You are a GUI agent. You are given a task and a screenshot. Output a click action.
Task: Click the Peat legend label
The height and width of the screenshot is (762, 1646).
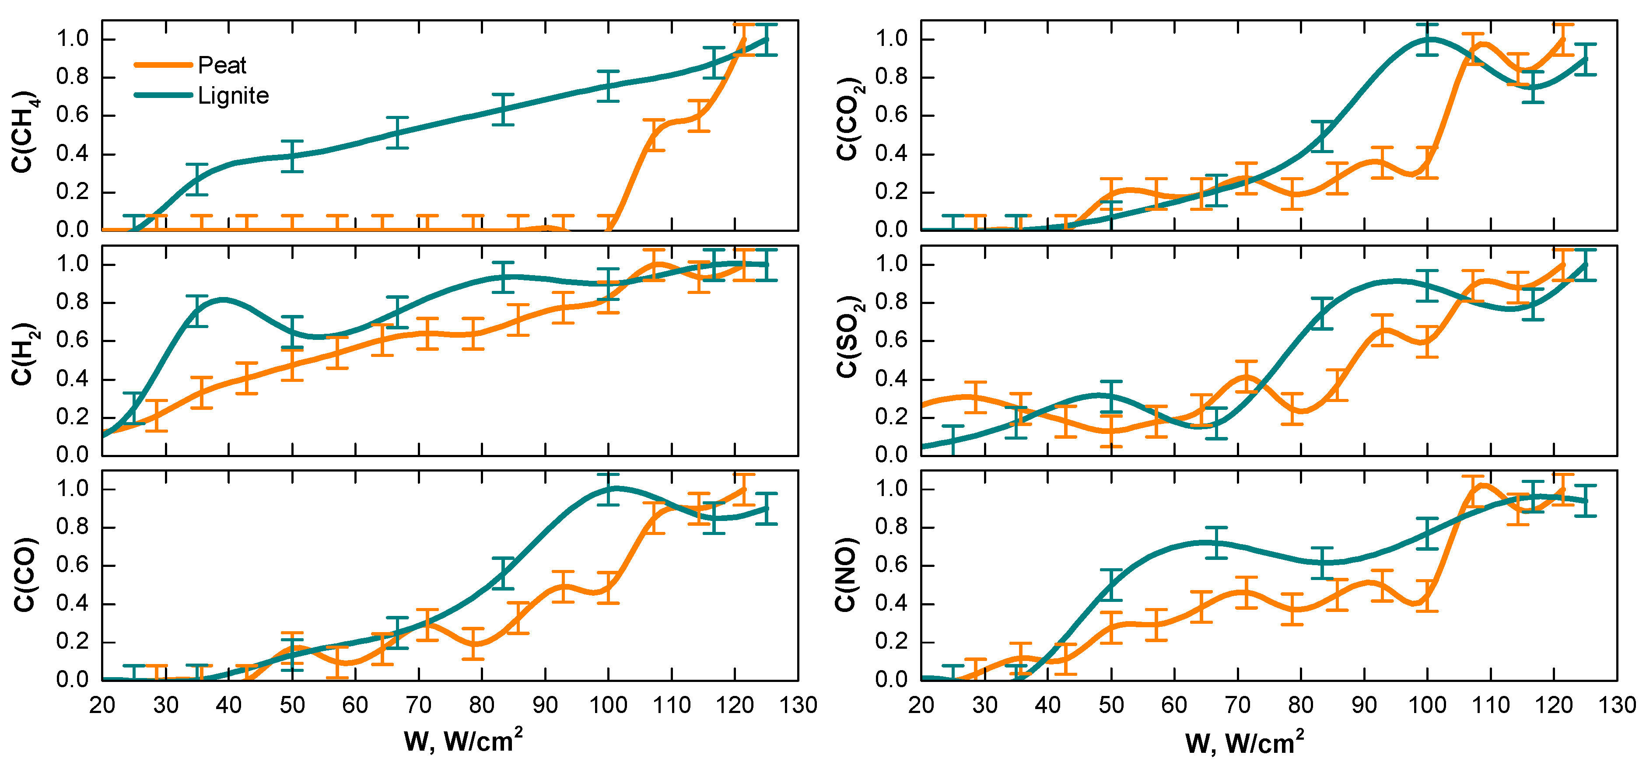tap(222, 65)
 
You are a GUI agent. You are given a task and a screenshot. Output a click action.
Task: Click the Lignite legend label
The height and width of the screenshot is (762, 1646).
tap(233, 96)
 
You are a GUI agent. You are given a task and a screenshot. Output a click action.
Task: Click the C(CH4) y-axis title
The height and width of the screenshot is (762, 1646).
tap(24, 131)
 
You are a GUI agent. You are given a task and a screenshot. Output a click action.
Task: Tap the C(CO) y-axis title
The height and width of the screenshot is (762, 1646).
tap(24, 574)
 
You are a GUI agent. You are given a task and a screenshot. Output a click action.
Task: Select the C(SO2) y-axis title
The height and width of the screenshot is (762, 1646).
tap(848, 337)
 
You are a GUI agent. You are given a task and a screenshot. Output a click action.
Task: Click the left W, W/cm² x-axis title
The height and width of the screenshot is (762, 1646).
tap(463, 741)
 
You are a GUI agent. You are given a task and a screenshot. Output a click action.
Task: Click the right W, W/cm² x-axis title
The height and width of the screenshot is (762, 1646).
tap(1244, 742)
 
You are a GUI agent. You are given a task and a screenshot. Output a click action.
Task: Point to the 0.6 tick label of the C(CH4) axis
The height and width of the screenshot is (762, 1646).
tap(72, 115)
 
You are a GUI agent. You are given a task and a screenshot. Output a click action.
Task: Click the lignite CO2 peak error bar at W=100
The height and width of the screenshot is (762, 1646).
tap(1427, 40)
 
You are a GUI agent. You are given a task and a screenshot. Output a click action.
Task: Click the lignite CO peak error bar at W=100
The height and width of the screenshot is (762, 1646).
tap(608, 489)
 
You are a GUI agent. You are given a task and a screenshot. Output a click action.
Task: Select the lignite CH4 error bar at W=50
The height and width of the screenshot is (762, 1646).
tap(292, 156)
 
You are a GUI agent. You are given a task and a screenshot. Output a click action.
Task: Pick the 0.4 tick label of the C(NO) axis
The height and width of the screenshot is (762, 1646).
tap(891, 604)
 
